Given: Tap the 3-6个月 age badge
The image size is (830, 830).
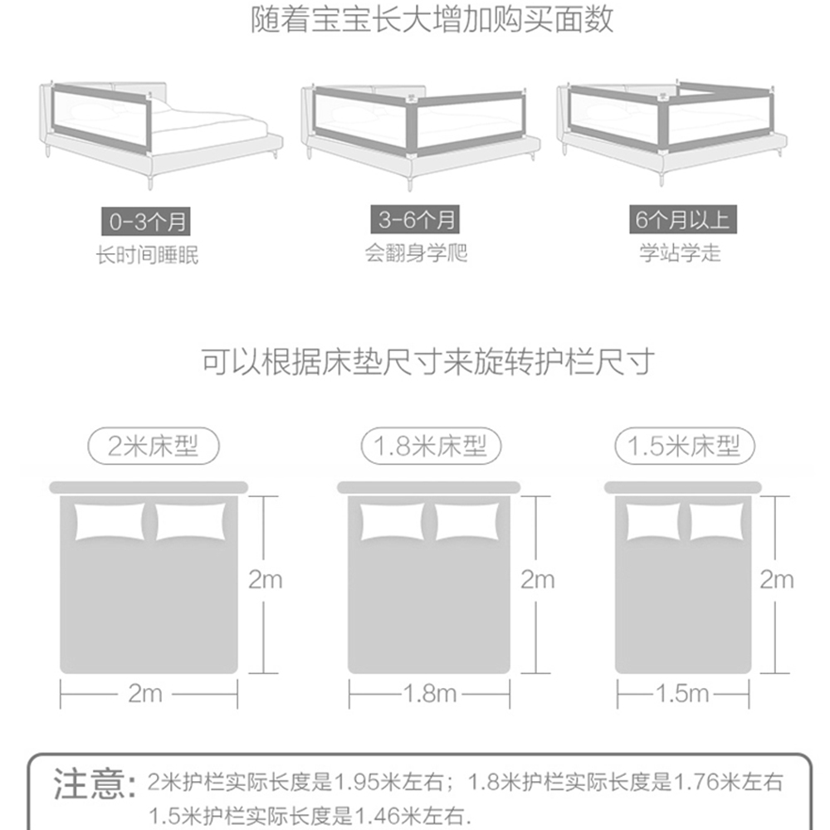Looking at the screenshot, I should (416, 220).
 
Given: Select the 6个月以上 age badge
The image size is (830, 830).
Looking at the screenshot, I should (681, 220).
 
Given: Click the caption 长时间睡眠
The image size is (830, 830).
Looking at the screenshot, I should (148, 255).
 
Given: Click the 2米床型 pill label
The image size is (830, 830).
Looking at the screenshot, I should (154, 447).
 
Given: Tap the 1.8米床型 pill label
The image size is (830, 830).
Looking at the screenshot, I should (423, 447).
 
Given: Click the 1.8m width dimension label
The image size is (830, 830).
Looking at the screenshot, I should (429, 693).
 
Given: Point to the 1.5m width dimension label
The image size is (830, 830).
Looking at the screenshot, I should (682, 693).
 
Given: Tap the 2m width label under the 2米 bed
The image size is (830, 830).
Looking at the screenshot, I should (145, 693).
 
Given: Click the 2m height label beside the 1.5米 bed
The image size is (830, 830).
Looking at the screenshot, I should (777, 579).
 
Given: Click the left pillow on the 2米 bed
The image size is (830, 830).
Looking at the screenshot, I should (110, 521).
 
